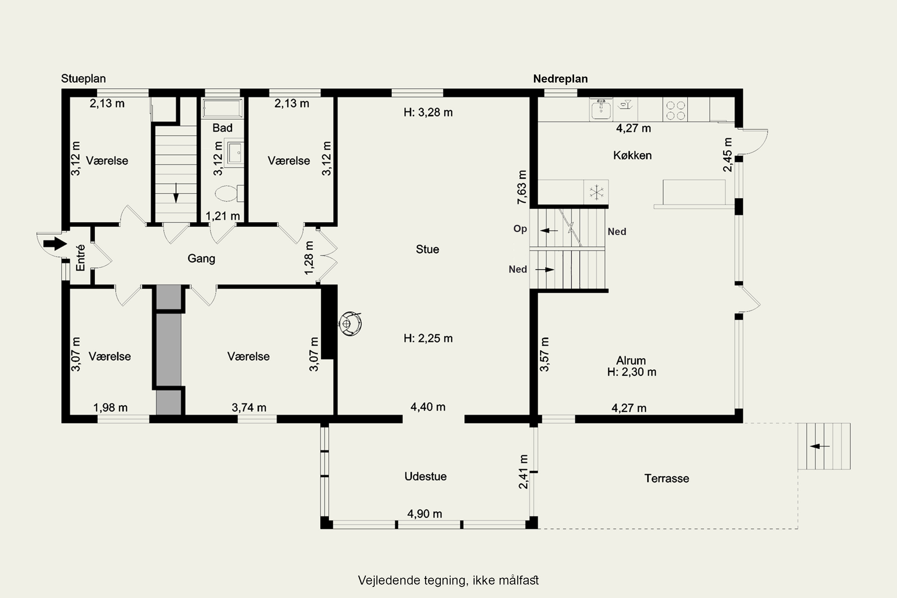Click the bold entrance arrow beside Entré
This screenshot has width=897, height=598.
55,243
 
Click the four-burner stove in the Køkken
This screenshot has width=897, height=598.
675,110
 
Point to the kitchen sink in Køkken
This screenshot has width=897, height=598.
601,110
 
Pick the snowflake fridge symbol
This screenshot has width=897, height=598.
596,192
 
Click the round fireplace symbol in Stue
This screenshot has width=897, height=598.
350,324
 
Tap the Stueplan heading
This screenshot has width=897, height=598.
83,79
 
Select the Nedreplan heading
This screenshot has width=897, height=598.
560,79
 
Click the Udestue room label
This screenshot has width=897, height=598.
425,476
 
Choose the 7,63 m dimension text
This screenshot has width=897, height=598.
522,187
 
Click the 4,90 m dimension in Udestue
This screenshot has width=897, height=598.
425,514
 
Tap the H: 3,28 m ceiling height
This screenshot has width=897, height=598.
428,112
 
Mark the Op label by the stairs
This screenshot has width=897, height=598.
520,228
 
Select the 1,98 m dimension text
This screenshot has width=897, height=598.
110,408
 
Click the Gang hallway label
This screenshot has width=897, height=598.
201,259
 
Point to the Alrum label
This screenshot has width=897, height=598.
631,360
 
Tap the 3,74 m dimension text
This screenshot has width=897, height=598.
249,408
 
